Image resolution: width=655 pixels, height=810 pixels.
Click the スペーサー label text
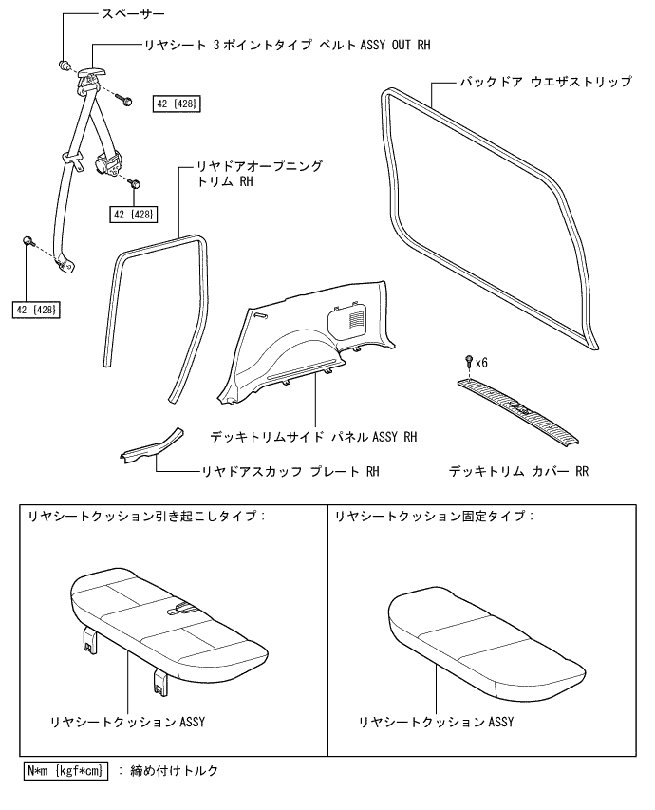click(133, 16)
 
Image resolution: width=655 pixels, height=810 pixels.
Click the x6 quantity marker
click(481, 363)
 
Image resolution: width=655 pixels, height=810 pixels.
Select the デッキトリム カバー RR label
click(519, 470)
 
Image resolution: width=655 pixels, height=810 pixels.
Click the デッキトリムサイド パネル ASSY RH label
click(314, 437)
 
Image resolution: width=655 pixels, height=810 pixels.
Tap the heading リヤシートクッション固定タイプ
click(434, 516)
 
